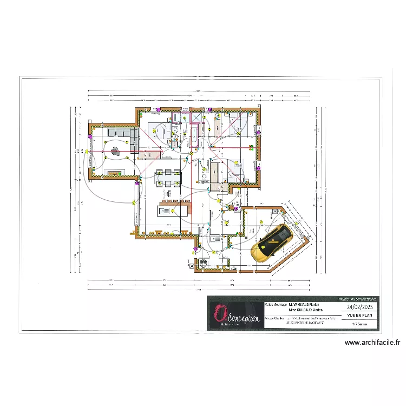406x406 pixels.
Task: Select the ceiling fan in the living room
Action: pyautogui.click(x=114, y=152)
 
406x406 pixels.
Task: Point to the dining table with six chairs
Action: pyautogui.click(x=169, y=178)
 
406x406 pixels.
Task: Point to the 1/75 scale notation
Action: pyautogui.click(x=358, y=324)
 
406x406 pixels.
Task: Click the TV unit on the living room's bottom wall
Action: pyautogui.click(x=114, y=173)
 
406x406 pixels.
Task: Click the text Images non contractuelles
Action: pyautogui.click(x=357, y=298)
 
